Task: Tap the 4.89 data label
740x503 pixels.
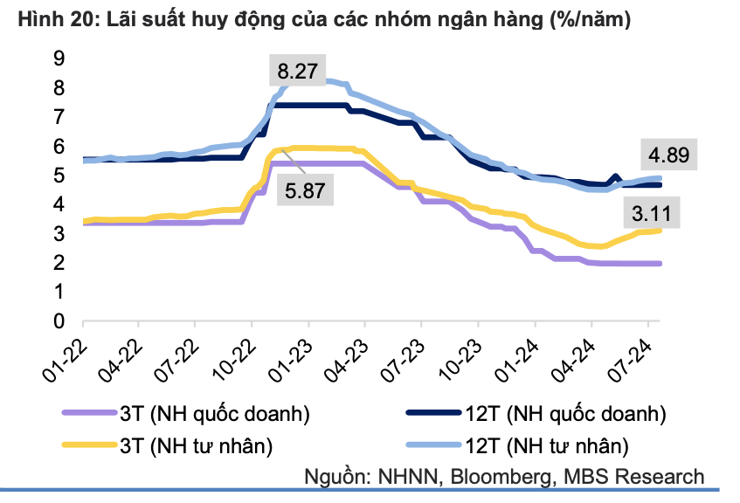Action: (x=668, y=156)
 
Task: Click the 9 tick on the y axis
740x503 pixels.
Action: (x=59, y=59)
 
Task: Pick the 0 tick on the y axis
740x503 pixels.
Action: (x=59, y=321)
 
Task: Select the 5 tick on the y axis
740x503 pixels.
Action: (x=59, y=176)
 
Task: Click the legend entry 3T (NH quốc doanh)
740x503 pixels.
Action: (x=215, y=412)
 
